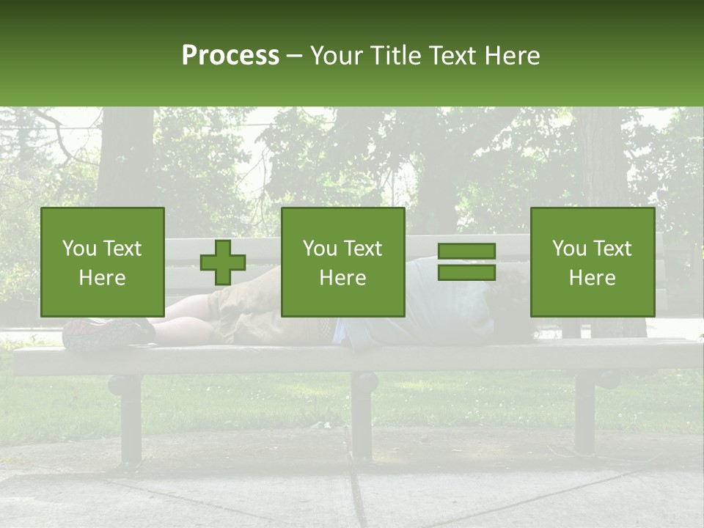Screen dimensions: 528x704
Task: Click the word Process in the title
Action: pyautogui.click(x=230, y=56)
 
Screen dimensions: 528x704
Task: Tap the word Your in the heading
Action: pyautogui.click(x=335, y=56)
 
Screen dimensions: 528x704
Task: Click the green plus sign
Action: pyautogui.click(x=223, y=263)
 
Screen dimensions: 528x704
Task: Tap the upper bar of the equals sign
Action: pyautogui.click(x=466, y=252)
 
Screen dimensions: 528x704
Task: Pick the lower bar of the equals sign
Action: pyautogui.click(x=466, y=273)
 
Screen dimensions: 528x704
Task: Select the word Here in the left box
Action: pyautogui.click(x=102, y=278)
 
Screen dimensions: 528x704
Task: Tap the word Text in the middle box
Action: pyautogui.click(x=363, y=249)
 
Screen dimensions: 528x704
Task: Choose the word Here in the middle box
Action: pyautogui.click(x=342, y=278)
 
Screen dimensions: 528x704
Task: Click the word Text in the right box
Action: pyautogui.click(x=612, y=249)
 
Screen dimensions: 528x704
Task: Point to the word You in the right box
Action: pyautogui.click(x=569, y=249)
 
